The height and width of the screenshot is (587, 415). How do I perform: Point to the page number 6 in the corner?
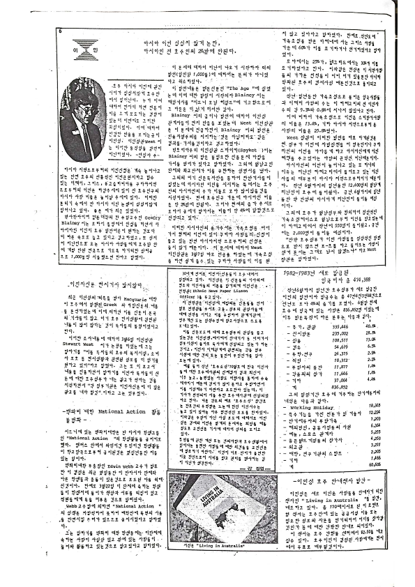[61, 31]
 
